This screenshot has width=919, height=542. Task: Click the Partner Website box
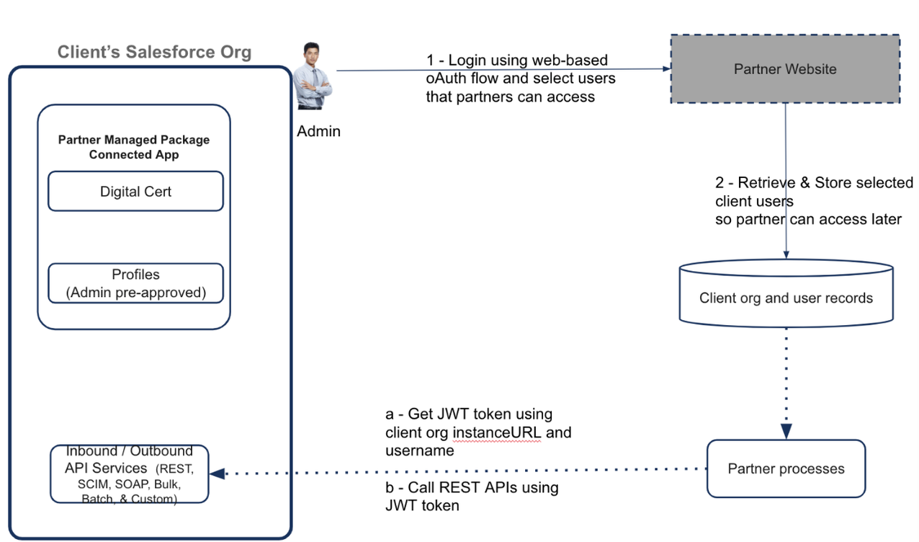tap(785, 69)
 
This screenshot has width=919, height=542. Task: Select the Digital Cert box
tap(135, 192)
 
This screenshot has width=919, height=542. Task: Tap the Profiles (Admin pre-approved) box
tap(135, 284)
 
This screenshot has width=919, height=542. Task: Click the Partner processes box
tap(786, 469)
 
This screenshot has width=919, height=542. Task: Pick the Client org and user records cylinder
tap(786, 298)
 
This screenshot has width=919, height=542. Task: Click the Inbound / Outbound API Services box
tap(130, 474)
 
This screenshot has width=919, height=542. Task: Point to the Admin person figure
tap(313, 77)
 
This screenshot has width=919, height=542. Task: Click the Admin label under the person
tap(318, 131)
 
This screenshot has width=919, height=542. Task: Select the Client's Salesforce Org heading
tap(154, 52)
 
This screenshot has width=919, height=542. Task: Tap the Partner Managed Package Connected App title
tap(134, 147)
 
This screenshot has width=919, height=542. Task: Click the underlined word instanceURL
tap(497, 433)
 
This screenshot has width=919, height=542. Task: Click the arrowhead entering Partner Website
tap(665, 69)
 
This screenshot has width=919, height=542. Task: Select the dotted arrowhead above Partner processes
tap(786, 430)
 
